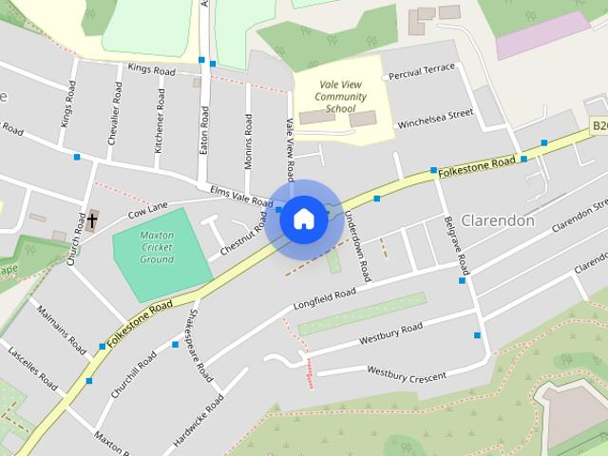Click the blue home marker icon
coord(303,218)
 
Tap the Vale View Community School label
coord(340,97)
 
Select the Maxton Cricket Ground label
coord(157,246)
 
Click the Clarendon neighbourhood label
coord(497,220)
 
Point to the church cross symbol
coord(92,221)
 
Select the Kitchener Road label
coord(160,122)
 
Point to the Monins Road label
coord(248,142)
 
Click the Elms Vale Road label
coord(241,195)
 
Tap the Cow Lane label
coord(147,206)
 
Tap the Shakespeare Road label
coord(199,345)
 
